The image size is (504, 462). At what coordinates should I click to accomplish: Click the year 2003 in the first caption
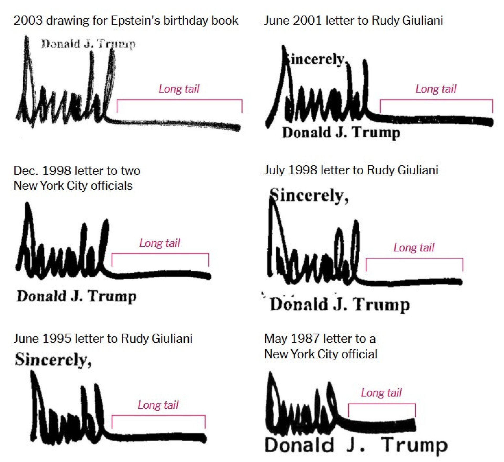tap(28, 20)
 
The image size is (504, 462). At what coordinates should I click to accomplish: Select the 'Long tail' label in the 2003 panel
tap(179, 89)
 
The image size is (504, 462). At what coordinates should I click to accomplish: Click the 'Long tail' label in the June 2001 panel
tap(436, 89)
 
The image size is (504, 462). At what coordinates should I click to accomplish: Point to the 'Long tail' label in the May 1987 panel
tap(381, 393)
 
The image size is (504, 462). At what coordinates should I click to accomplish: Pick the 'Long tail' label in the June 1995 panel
tap(158, 405)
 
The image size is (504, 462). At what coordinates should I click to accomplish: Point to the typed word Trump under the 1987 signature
tap(414, 445)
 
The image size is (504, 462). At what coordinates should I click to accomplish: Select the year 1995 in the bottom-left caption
tap(57, 339)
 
